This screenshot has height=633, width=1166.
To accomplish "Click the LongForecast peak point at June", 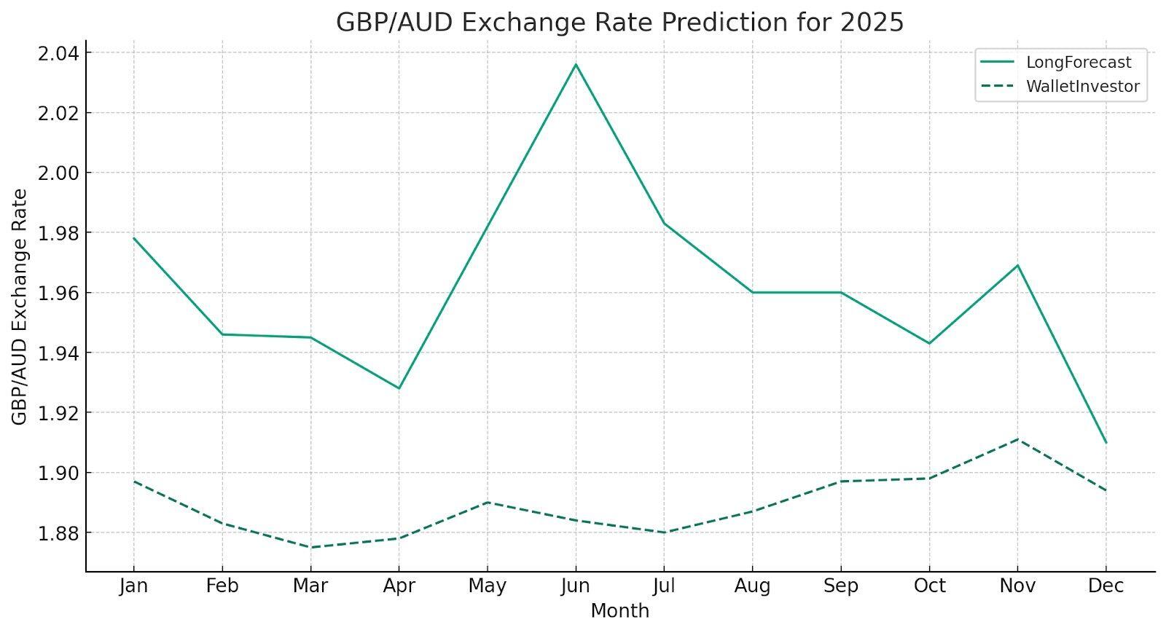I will pos(576,65).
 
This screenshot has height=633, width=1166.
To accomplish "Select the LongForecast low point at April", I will pos(399,388).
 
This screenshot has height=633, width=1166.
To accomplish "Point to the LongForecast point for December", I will pos(1106,443).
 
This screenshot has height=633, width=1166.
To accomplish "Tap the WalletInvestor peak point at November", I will pos(1017,439).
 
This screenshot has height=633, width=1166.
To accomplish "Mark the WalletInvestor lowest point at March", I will pos(311,548).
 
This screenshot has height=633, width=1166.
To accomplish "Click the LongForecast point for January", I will pos(134,238).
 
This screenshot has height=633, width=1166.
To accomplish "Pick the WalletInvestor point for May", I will pos(488,503).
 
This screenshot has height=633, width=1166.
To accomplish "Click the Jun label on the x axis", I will pos(576,586).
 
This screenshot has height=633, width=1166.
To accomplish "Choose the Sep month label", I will pos(841,586).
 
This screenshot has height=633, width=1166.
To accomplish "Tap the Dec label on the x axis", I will pos(1106,586).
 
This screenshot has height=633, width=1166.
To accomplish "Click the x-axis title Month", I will pos(619,611).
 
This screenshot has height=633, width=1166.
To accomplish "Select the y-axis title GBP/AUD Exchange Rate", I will pos(20,307).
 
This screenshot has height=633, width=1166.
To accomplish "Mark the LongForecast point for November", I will pos(1017,265).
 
